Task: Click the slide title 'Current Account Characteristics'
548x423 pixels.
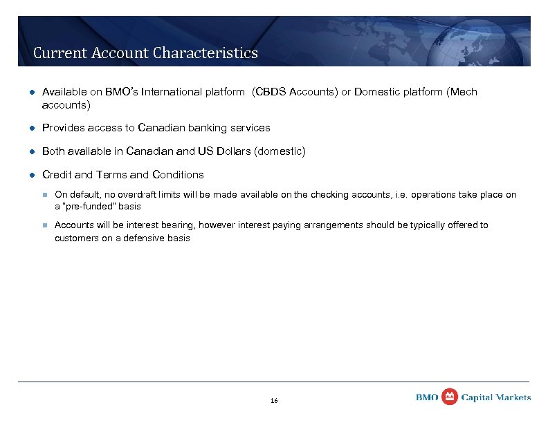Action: tap(145, 53)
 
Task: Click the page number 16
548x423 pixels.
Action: tap(274, 401)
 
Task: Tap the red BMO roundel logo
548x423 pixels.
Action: tap(450, 396)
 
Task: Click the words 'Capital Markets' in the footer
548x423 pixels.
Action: tap(496, 397)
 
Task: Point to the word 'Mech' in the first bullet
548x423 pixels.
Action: tap(464, 92)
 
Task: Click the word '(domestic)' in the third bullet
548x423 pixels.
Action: tap(280, 151)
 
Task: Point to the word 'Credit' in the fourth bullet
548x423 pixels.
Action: tap(57, 174)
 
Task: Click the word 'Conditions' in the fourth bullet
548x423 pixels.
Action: tap(178, 174)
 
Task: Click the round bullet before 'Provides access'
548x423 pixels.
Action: tap(31, 129)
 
